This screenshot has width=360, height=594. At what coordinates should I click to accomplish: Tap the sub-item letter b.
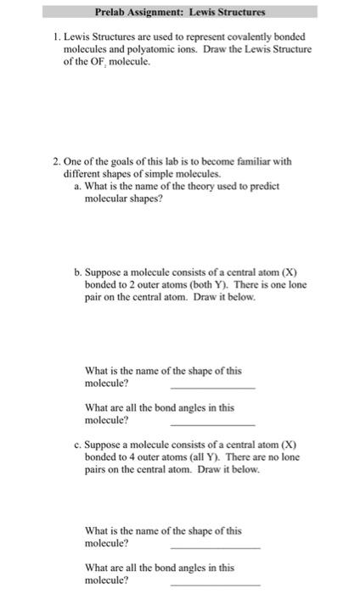coord(78,272)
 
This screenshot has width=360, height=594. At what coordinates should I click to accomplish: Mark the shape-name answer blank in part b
coord(212,386)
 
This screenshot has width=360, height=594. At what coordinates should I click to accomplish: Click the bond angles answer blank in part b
coord(212,423)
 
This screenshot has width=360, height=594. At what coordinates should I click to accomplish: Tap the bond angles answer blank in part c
coord(216,584)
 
